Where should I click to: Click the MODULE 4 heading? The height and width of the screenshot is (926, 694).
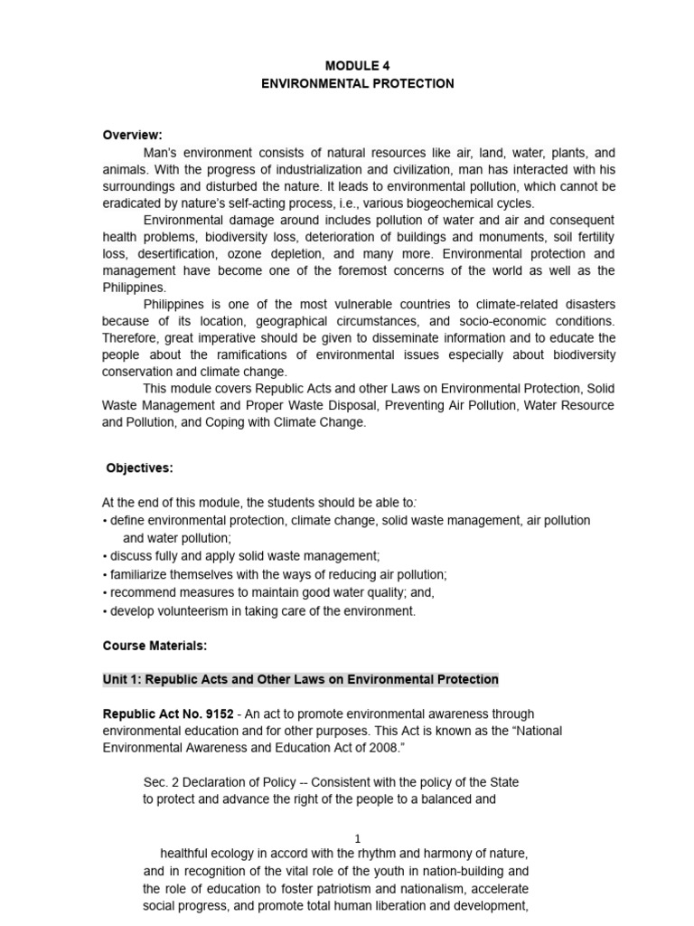[358, 65]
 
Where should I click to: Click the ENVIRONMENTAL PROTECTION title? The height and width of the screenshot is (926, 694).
[358, 83]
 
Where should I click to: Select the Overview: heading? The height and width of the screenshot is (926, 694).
[132, 135]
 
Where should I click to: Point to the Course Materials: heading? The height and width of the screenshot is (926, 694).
[155, 646]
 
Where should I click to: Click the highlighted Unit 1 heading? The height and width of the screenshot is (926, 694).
[300, 679]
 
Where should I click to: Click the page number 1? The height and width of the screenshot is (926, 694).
[358, 839]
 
